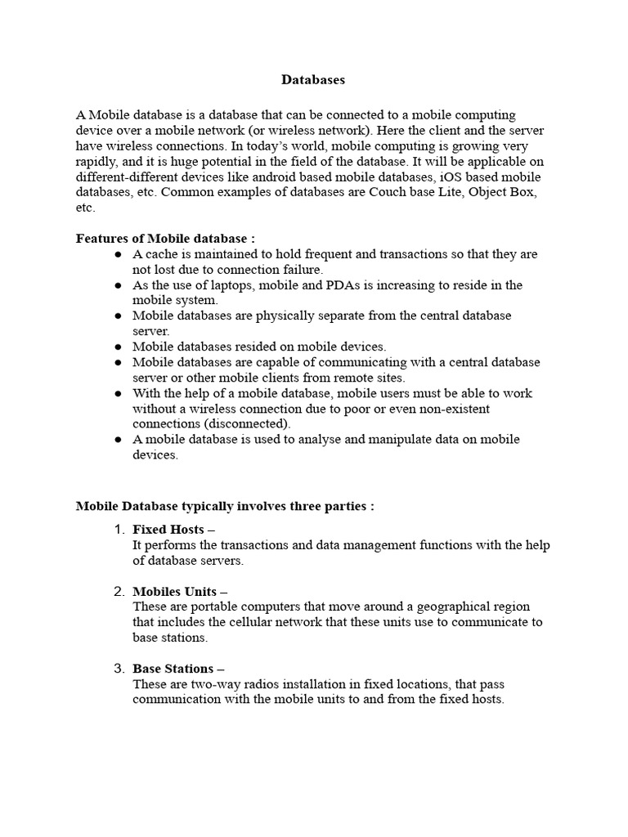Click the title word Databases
313,80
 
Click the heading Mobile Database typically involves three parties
225,507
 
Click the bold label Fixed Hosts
168,530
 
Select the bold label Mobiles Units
175,591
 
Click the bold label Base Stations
173,669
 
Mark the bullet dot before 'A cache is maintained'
119,255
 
